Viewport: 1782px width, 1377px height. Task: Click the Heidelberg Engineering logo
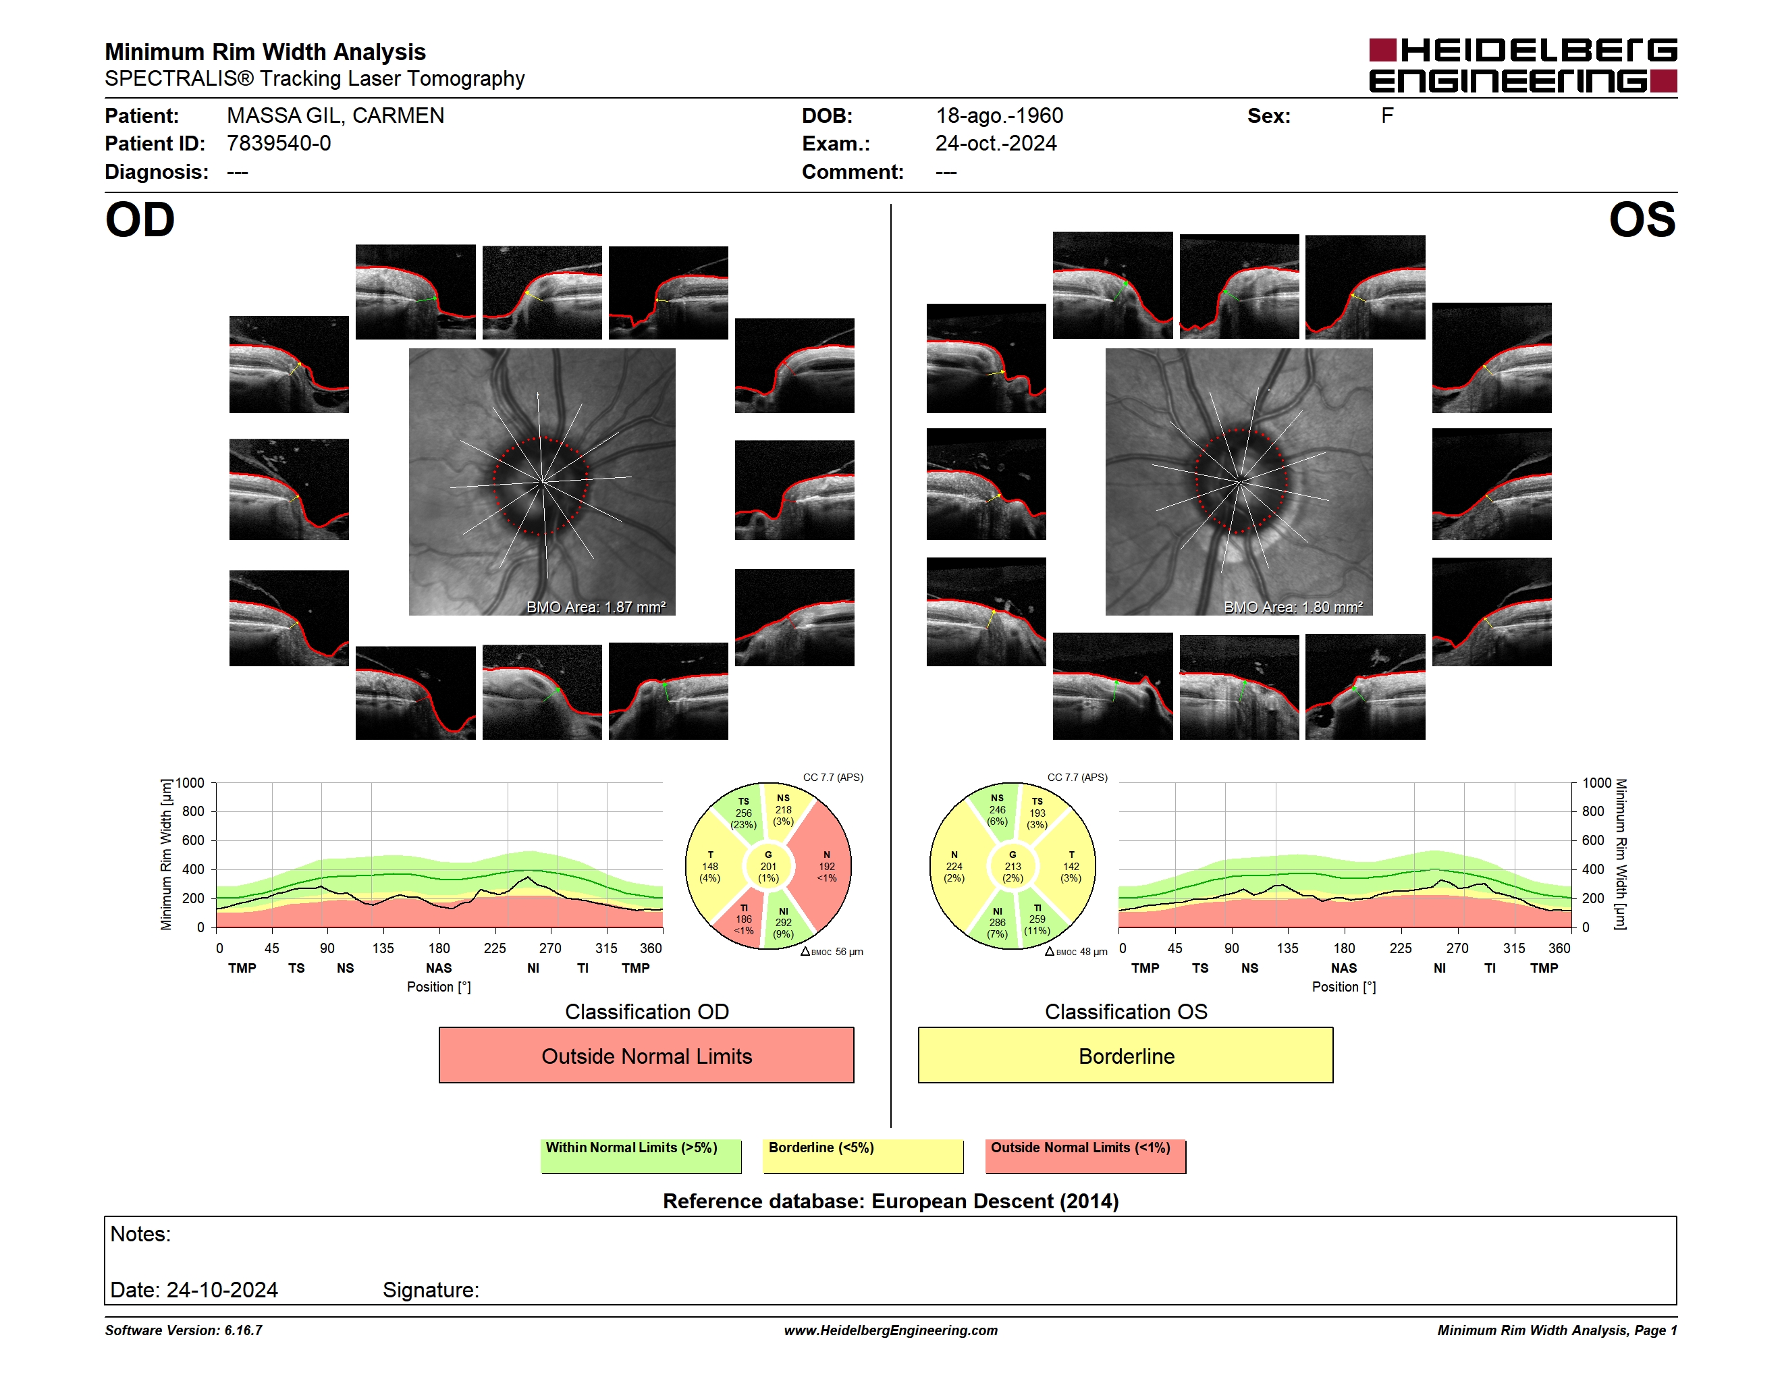click(1523, 65)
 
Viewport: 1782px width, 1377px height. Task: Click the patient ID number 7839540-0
click(279, 144)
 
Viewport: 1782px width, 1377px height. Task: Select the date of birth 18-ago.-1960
click(1000, 116)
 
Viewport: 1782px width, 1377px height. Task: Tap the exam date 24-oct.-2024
click(996, 144)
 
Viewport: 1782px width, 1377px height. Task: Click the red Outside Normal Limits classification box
click(646, 1055)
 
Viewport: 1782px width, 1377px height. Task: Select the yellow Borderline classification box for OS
click(1125, 1055)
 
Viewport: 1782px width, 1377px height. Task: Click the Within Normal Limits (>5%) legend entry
click(641, 1156)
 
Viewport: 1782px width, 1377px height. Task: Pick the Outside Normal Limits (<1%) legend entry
click(1085, 1156)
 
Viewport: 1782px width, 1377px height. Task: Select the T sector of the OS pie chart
click(1070, 866)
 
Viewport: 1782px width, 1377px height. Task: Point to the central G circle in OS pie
click(1013, 866)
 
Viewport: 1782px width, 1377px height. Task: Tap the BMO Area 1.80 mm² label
click(1293, 607)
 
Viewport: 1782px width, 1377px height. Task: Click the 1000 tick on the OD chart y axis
click(189, 783)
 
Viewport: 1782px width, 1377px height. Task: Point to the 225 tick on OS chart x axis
click(1400, 948)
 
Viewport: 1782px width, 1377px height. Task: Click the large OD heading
click(140, 220)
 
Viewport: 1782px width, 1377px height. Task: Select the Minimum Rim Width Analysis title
click(265, 51)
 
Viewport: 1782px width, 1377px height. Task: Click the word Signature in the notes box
click(431, 1290)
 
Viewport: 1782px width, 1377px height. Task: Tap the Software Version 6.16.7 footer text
click(184, 1330)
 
